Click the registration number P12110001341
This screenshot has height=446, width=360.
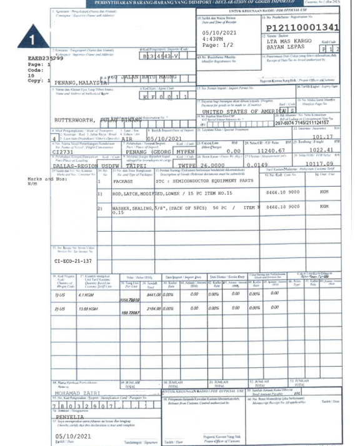(x=302, y=28)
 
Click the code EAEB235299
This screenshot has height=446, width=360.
(x=46, y=58)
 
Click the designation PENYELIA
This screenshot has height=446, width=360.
(x=69, y=413)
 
